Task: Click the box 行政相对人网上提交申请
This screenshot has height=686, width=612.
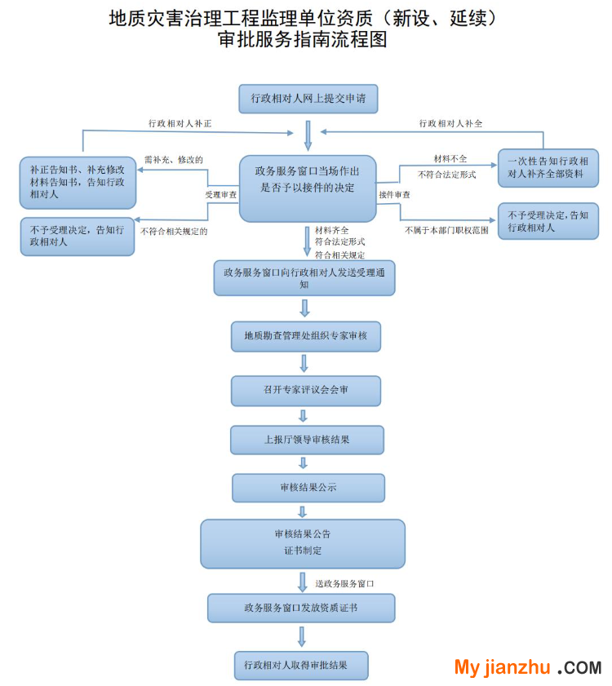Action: (x=308, y=100)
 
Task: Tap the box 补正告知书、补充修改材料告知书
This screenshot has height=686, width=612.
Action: (x=78, y=182)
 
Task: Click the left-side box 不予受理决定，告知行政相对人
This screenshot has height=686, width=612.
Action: (x=78, y=237)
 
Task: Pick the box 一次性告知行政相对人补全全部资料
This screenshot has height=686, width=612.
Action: (x=548, y=168)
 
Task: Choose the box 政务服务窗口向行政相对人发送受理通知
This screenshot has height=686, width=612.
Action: (x=304, y=278)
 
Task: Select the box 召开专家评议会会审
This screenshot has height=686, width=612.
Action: (x=305, y=390)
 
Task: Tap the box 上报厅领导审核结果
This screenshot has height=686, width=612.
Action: (x=306, y=440)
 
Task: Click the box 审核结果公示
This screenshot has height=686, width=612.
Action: (x=308, y=488)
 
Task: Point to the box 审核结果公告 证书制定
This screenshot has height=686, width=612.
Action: (x=303, y=543)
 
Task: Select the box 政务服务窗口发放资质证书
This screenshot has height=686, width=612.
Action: (x=301, y=608)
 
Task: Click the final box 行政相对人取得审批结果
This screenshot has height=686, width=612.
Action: (x=300, y=665)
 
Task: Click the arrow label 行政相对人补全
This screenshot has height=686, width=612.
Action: (x=450, y=123)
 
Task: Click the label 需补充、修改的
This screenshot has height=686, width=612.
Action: (x=173, y=160)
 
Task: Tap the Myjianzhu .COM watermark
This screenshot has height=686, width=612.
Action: (x=527, y=667)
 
